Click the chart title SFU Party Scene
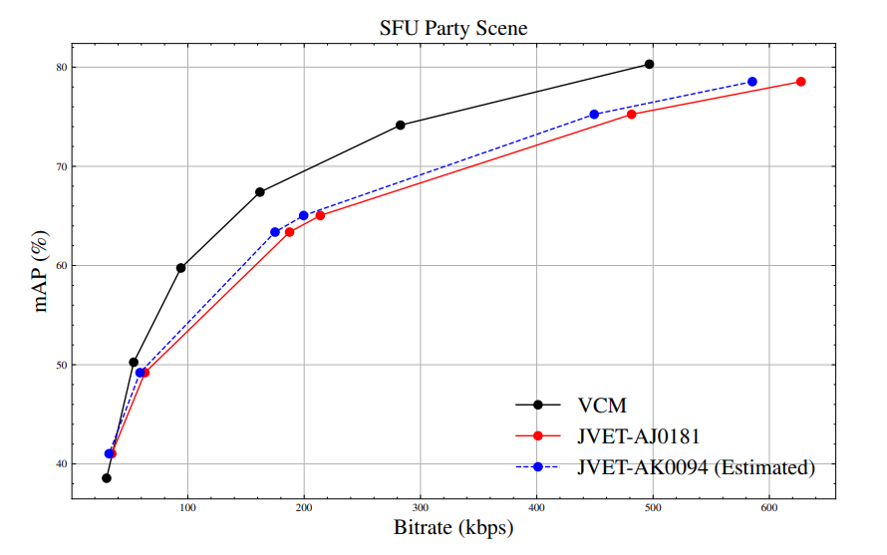[x=453, y=29]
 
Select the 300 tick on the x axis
[x=421, y=509]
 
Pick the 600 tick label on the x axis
[x=769, y=509]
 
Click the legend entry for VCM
[x=602, y=406]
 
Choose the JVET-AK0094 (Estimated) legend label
[x=696, y=466]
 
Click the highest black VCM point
[x=649, y=64]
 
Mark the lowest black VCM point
[x=107, y=478]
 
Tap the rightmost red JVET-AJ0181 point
[x=800, y=82]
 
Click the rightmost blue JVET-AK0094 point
[x=752, y=82]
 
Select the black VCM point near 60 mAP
[x=181, y=267]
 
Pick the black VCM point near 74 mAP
[x=401, y=125]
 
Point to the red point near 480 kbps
[x=631, y=115]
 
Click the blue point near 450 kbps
[x=594, y=115]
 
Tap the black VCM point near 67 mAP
[x=260, y=191]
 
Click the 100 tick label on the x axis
[x=187, y=509]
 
